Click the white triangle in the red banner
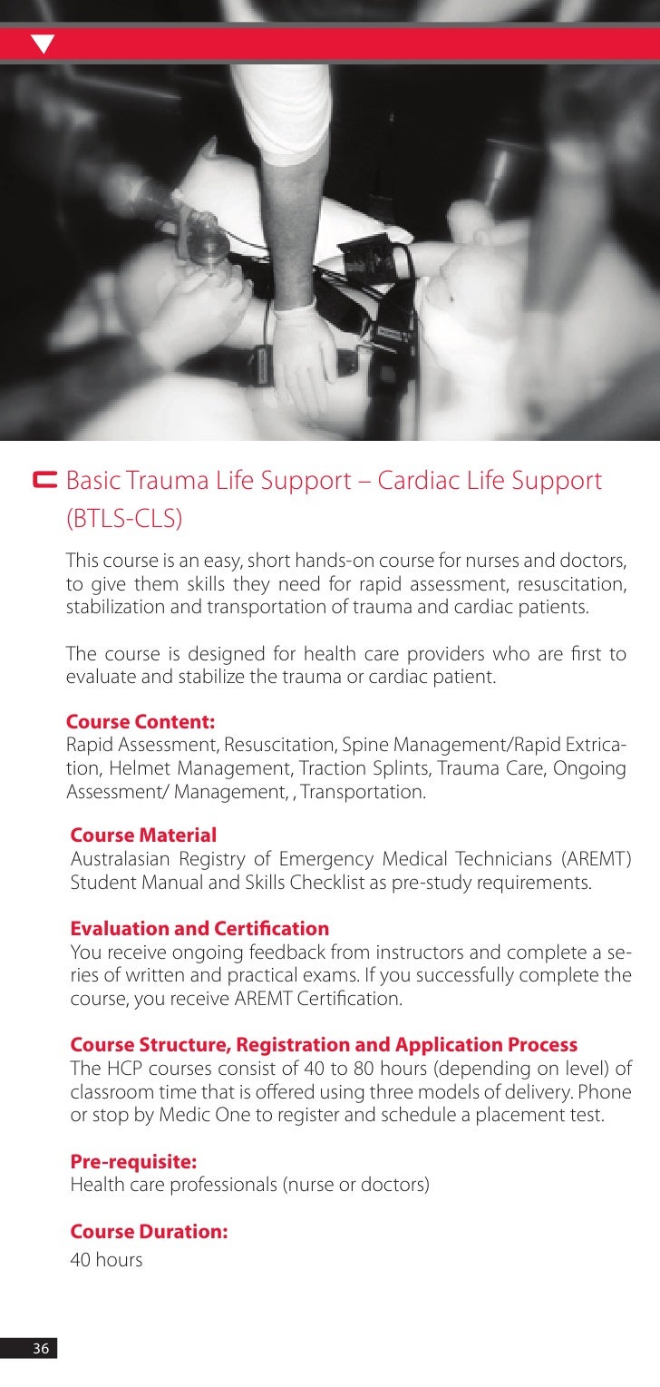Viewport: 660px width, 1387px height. pos(42,43)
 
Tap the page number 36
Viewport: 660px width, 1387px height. pos(40,1349)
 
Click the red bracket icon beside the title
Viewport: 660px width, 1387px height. pos(44,479)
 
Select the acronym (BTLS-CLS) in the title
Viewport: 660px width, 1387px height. pos(124,518)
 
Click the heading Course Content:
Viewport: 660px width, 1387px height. pos(141,723)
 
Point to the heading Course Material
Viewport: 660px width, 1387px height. pos(143,834)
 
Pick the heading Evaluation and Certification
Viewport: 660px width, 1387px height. pos(199,929)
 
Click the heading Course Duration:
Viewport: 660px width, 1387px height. pos(149,1233)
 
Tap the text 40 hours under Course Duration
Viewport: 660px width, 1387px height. pos(106,1260)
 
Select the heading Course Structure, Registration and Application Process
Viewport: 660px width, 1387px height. pos(324,1044)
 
